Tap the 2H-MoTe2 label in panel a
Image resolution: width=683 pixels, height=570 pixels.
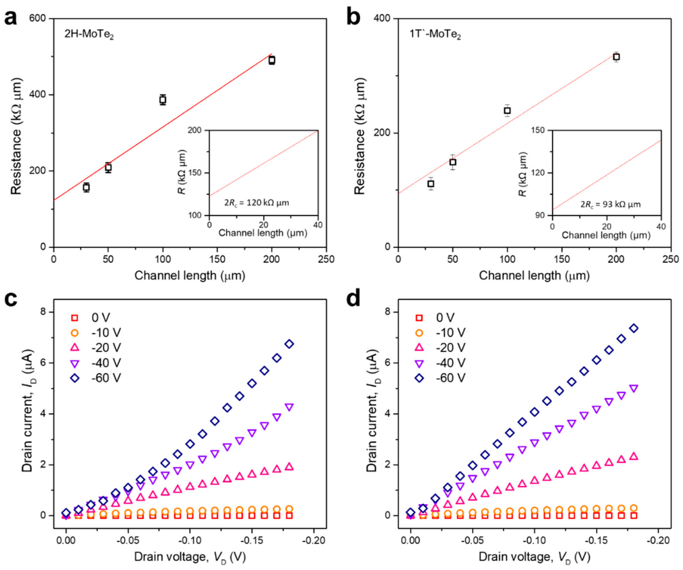(x=89, y=34)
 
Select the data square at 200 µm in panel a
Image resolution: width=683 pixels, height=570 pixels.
(x=272, y=60)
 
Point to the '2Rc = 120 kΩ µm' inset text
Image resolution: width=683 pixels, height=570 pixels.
(x=257, y=203)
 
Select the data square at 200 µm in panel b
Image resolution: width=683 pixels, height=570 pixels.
(x=616, y=57)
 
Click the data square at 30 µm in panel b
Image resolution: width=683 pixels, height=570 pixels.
(x=431, y=184)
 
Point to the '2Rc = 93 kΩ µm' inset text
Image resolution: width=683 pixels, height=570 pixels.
(x=611, y=204)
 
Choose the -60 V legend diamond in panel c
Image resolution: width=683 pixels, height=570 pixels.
(x=75, y=378)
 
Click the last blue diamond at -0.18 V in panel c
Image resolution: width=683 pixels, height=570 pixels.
(x=289, y=344)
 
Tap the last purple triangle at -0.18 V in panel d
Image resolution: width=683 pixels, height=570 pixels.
(x=634, y=388)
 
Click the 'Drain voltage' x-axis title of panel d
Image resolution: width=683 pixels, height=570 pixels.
(x=534, y=557)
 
